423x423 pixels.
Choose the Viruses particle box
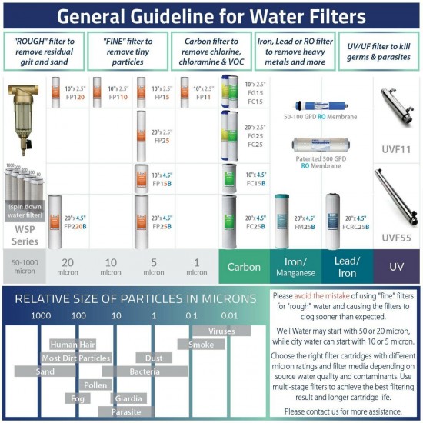pyautogui.click(x=221, y=331)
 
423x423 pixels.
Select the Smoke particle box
pyautogui.click(x=201, y=345)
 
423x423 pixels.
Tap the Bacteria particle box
pyautogui.click(x=144, y=371)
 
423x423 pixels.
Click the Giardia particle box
pyautogui.click(x=127, y=398)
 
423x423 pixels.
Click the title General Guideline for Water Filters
pyautogui.click(x=211, y=17)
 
